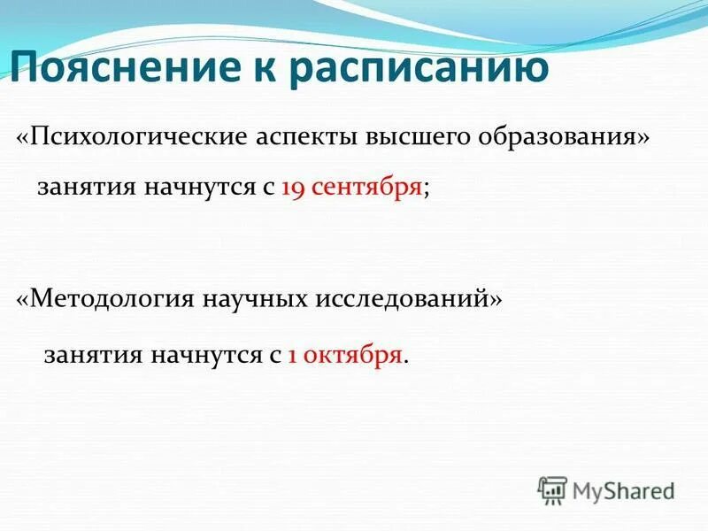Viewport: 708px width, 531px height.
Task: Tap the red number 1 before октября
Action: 292,355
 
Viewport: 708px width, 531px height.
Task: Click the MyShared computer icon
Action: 552,489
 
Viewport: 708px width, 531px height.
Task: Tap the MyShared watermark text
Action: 623,489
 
